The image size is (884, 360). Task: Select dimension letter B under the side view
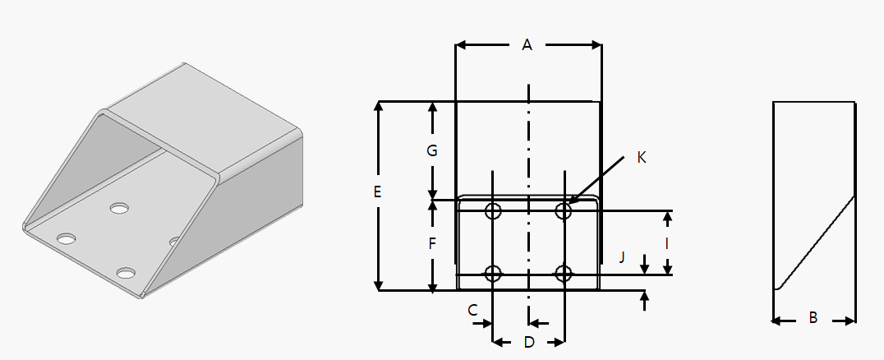[813, 317]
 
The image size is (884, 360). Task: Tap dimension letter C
[472, 310]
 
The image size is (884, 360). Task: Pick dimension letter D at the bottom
[529, 341]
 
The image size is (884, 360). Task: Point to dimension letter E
[377, 193]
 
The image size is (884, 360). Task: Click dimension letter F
[432, 244]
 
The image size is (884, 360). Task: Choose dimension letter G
[432, 151]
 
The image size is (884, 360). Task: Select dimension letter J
[623, 258]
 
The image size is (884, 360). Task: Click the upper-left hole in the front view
[493, 211]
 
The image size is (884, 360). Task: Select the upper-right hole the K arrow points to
[564, 211]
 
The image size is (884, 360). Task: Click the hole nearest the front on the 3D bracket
[126, 273]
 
